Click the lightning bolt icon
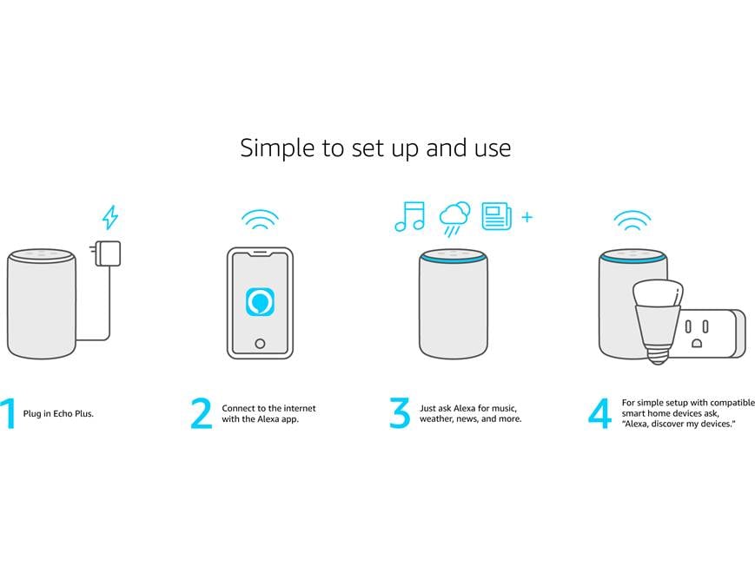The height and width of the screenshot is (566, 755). pyautogui.click(x=110, y=217)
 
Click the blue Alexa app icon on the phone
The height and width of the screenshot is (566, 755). pyautogui.click(x=260, y=302)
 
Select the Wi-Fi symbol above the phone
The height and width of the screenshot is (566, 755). pyautogui.click(x=260, y=220)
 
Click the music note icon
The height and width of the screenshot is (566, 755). pyautogui.click(x=410, y=216)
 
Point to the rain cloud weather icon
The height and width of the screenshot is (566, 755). pyautogui.click(x=454, y=219)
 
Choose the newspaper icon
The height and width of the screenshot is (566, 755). pyautogui.click(x=496, y=215)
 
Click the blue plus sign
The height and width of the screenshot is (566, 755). pyautogui.click(x=527, y=217)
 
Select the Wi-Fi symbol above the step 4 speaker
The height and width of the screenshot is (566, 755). pyautogui.click(x=632, y=220)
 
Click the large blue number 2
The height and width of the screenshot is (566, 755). pyautogui.click(x=202, y=413)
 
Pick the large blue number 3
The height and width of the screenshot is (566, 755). pyautogui.click(x=400, y=413)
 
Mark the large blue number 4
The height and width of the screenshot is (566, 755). pyautogui.click(x=600, y=413)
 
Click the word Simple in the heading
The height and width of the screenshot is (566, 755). pyautogui.click(x=277, y=148)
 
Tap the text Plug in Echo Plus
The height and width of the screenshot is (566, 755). pyautogui.click(x=58, y=413)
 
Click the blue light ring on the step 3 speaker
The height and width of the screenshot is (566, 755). pyautogui.click(x=453, y=260)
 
